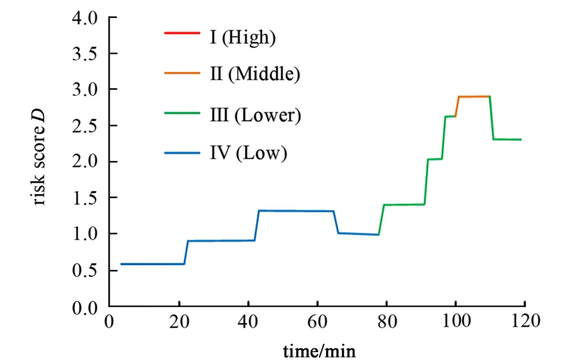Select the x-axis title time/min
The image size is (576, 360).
318,350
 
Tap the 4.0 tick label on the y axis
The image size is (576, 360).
85,18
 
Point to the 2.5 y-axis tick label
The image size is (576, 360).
85,126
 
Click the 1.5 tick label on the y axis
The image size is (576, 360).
85,198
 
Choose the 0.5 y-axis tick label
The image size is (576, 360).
85,271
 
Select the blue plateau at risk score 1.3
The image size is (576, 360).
296,211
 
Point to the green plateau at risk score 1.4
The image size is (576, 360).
404,204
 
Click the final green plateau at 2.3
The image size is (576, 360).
507,139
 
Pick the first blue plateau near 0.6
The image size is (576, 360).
152,264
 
